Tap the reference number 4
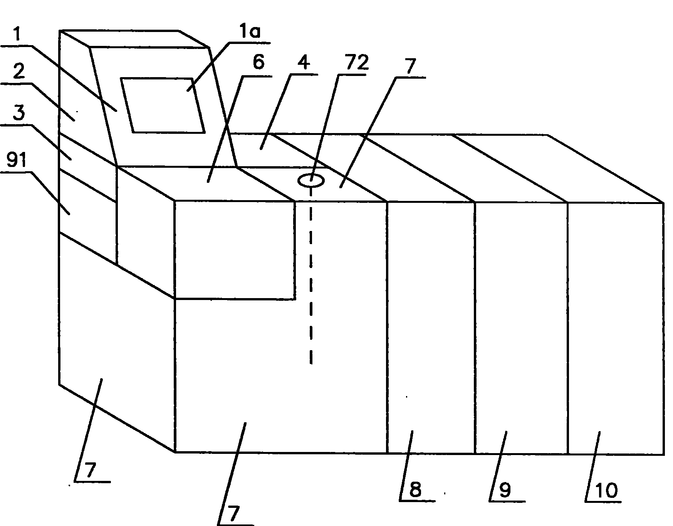(x=304, y=63)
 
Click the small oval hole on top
(x=311, y=180)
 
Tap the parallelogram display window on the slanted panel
(x=163, y=105)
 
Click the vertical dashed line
(x=311, y=278)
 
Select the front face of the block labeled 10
(x=615, y=328)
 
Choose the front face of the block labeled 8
(x=431, y=328)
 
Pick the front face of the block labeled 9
(x=521, y=328)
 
